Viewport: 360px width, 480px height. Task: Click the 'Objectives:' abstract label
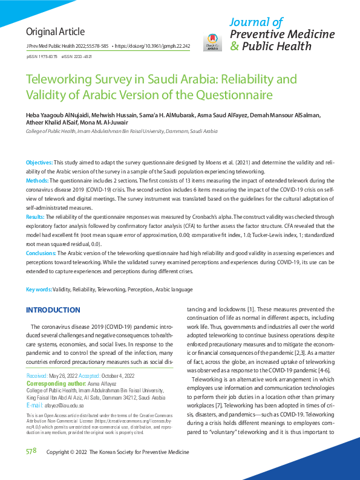point(39,163)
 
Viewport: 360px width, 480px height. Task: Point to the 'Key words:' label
point(38,290)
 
